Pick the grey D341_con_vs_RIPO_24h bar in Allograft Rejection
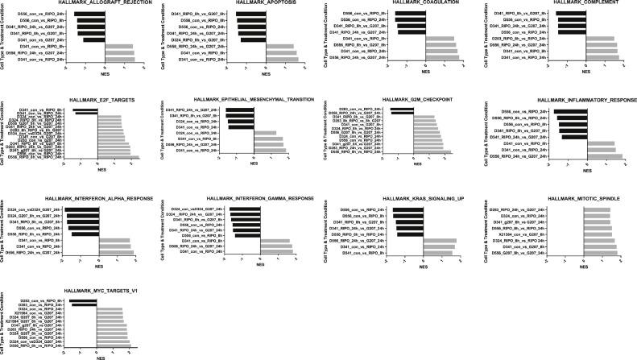pyautogui.click(x=122, y=59)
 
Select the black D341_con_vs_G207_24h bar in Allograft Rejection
pyautogui.click(x=94, y=39)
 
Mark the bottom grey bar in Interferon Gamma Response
pyautogui.click(x=275, y=253)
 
